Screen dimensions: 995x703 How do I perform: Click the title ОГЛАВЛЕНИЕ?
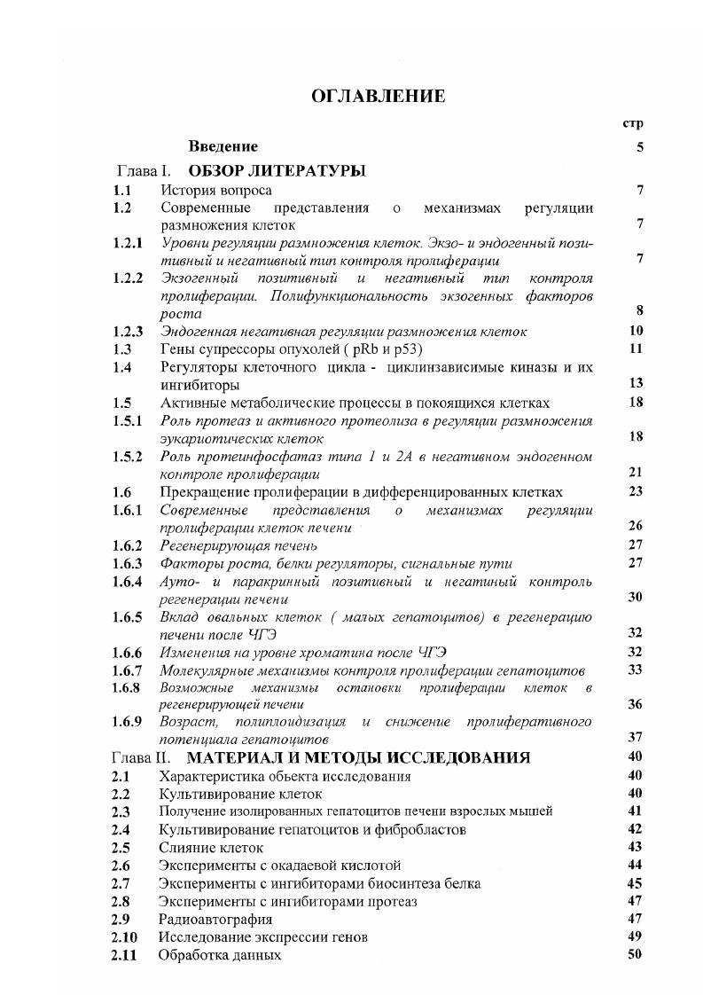click(x=378, y=96)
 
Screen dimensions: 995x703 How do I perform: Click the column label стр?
click(x=633, y=123)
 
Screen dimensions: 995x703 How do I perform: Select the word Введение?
click(x=223, y=146)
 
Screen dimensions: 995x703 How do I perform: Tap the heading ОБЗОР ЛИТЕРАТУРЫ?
click(x=277, y=169)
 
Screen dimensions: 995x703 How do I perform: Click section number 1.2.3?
click(x=129, y=332)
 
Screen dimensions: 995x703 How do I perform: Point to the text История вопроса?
click(x=216, y=190)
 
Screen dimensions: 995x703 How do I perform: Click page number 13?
click(x=635, y=383)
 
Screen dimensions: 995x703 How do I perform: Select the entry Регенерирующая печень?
click(x=238, y=545)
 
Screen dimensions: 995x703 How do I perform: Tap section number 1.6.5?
click(x=129, y=617)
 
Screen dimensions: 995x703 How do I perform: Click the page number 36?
click(x=635, y=704)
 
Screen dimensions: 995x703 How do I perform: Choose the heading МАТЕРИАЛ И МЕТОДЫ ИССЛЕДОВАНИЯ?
click(x=359, y=758)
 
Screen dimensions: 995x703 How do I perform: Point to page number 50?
click(x=635, y=955)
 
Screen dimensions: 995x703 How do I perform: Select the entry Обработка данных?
click(x=220, y=955)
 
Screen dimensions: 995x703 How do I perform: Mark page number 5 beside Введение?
click(x=639, y=147)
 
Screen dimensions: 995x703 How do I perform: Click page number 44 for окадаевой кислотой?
click(x=635, y=866)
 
